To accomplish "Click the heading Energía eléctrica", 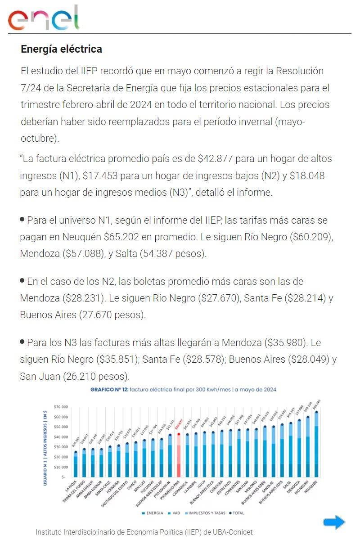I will click(x=61, y=49).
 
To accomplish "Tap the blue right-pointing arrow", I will click(x=334, y=522).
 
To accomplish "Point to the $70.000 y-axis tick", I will click(x=60, y=407).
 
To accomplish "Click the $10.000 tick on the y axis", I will click(x=60, y=467).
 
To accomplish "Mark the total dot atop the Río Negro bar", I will click(x=308, y=417).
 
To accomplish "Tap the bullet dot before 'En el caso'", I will click(x=22, y=280).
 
